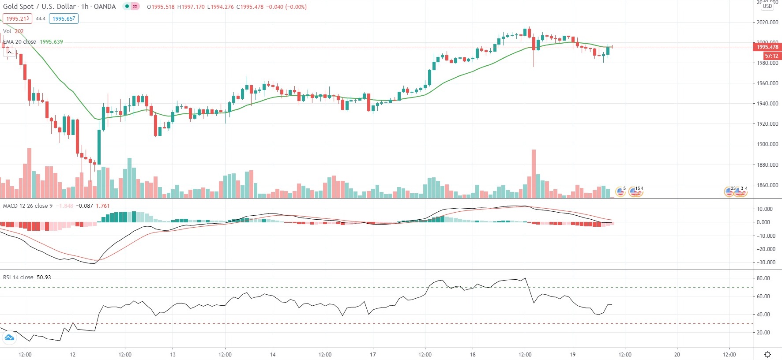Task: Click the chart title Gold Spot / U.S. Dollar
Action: [39, 7]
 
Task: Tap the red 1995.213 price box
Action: [17, 19]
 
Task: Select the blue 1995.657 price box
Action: [64, 19]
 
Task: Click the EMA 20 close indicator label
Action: [20, 42]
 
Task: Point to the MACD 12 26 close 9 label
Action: [27, 206]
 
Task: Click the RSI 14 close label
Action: [18, 277]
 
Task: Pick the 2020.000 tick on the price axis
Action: [767, 22]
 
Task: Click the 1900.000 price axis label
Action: [767, 144]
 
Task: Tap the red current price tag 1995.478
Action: [767, 47]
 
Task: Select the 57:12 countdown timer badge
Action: [771, 56]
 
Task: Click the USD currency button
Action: [767, 6]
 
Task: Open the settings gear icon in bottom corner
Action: [767, 354]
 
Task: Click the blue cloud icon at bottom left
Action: [9, 338]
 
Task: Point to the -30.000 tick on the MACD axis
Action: [766, 262]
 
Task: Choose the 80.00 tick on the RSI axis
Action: [763, 278]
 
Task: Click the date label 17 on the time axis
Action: [373, 354]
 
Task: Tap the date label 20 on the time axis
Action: [677, 354]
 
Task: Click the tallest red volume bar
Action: [534, 174]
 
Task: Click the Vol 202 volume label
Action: [13, 31]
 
